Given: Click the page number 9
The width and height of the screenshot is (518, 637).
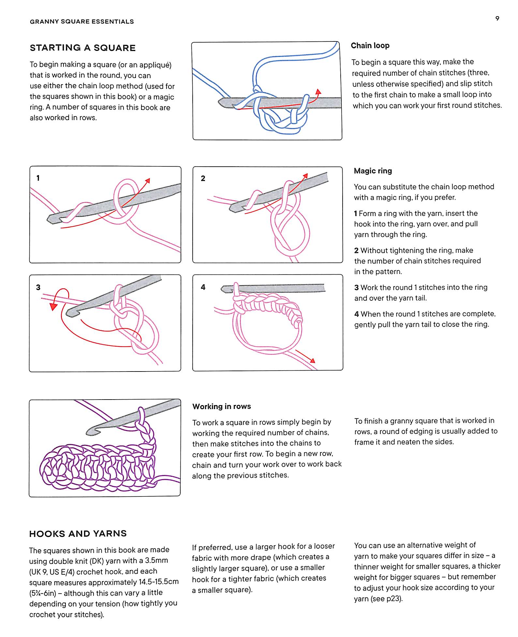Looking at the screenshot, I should pyautogui.click(x=497, y=18).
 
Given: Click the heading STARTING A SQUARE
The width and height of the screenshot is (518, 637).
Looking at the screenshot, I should pyautogui.click(x=82, y=48).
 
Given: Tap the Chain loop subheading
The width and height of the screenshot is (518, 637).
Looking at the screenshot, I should pyautogui.click(x=370, y=45).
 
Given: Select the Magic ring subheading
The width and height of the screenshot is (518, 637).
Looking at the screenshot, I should pyautogui.click(x=373, y=171).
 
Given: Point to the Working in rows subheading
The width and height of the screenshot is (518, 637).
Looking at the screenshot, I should pyautogui.click(x=221, y=406).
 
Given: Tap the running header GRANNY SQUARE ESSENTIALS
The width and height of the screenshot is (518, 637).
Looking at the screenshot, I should pyautogui.click(x=82, y=22).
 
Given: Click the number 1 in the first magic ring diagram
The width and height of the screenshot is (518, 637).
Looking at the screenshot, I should pyautogui.click(x=38, y=178).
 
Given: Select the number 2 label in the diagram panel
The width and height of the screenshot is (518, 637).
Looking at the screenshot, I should pyautogui.click(x=203, y=178).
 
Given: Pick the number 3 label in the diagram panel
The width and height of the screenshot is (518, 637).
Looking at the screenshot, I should pyautogui.click(x=38, y=287).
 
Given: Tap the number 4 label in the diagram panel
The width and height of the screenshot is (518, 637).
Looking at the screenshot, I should pyautogui.click(x=203, y=287).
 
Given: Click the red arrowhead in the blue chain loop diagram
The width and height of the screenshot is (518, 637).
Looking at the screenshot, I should pyautogui.click(x=318, y=92).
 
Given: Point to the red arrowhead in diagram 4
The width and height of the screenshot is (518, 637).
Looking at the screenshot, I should pyautogui.click(x=313, y=360).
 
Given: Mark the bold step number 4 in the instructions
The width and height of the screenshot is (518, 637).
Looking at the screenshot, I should pyautogui.click(x=356, y=314).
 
